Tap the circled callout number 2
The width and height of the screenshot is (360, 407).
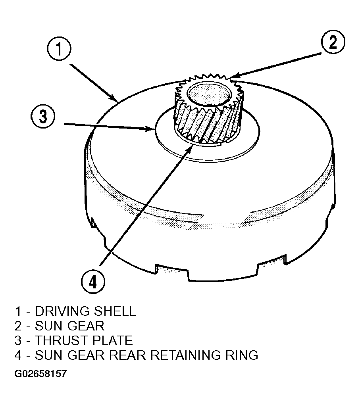click(x=333, y=42)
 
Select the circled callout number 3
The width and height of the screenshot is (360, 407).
click(x=43, y=116)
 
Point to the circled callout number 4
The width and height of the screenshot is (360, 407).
click(x=93, y=282)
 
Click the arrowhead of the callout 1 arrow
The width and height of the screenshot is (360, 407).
click(x=115, y=99)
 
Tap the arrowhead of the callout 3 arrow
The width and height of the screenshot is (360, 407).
click(x=152, y=128)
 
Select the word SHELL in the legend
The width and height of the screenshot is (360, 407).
click(x=115, y=311)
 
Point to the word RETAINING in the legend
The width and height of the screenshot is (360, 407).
click(x=185, y=355)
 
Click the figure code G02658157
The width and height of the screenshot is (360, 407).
click(x=40, y=374)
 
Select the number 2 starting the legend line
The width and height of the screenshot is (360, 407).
click(x=18, y=326)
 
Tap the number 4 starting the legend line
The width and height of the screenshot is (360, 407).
click(x=18, y=355)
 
